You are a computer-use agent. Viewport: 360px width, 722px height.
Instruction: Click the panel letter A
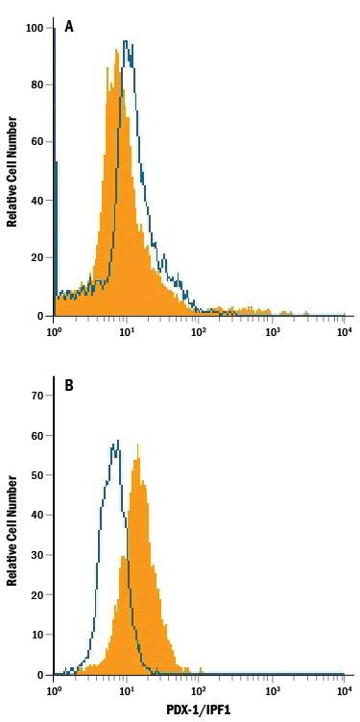point(69,27)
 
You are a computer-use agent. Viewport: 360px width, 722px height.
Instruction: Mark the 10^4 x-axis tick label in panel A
point(344,330)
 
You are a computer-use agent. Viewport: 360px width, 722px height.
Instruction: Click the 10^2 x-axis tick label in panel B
point(199,690)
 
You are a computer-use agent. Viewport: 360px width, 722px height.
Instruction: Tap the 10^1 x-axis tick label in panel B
point(126,690)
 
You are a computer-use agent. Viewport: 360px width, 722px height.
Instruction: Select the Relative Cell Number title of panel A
point(12,171)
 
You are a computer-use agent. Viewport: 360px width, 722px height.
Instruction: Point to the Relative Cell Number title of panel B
point(12,531)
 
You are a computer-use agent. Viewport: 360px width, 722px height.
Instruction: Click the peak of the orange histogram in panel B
point(138,445)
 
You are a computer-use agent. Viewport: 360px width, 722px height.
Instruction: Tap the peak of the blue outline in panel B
point(117,441)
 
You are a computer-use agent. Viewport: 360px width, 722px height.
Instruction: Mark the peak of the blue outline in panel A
point(126,41)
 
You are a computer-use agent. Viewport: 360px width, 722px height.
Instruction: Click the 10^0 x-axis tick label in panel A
point(54,330)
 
